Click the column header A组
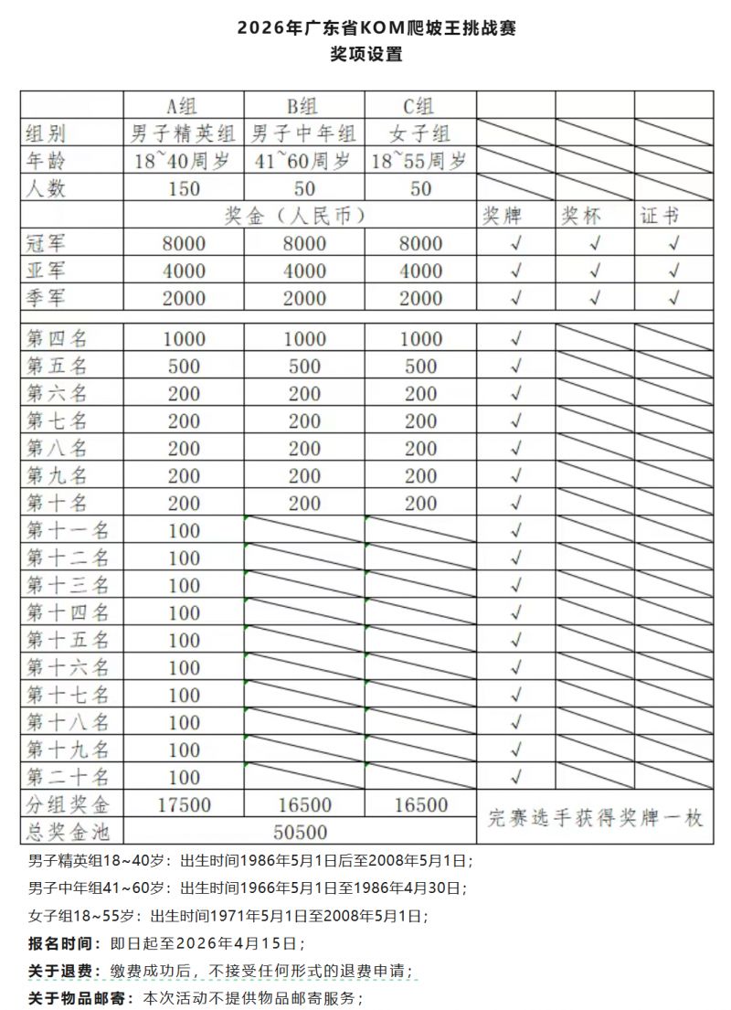pos(184,105)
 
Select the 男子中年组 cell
pos(304,133)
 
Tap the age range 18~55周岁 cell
pos(420,162)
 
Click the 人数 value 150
pos(184,189)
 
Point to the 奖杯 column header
pos(581,217)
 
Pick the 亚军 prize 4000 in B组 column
pos(304,271)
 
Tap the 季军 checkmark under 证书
pos(674,298)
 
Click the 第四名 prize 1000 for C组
pos(420,339)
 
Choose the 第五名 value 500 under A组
pos(184,367)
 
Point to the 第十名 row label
pos(57,503)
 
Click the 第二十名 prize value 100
pos(184,777)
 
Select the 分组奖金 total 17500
pos(184,805)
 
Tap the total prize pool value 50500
pos(300,832)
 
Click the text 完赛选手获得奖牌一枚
pos(596,818)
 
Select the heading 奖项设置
pos(365,54)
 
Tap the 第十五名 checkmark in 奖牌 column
pos(516,640)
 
